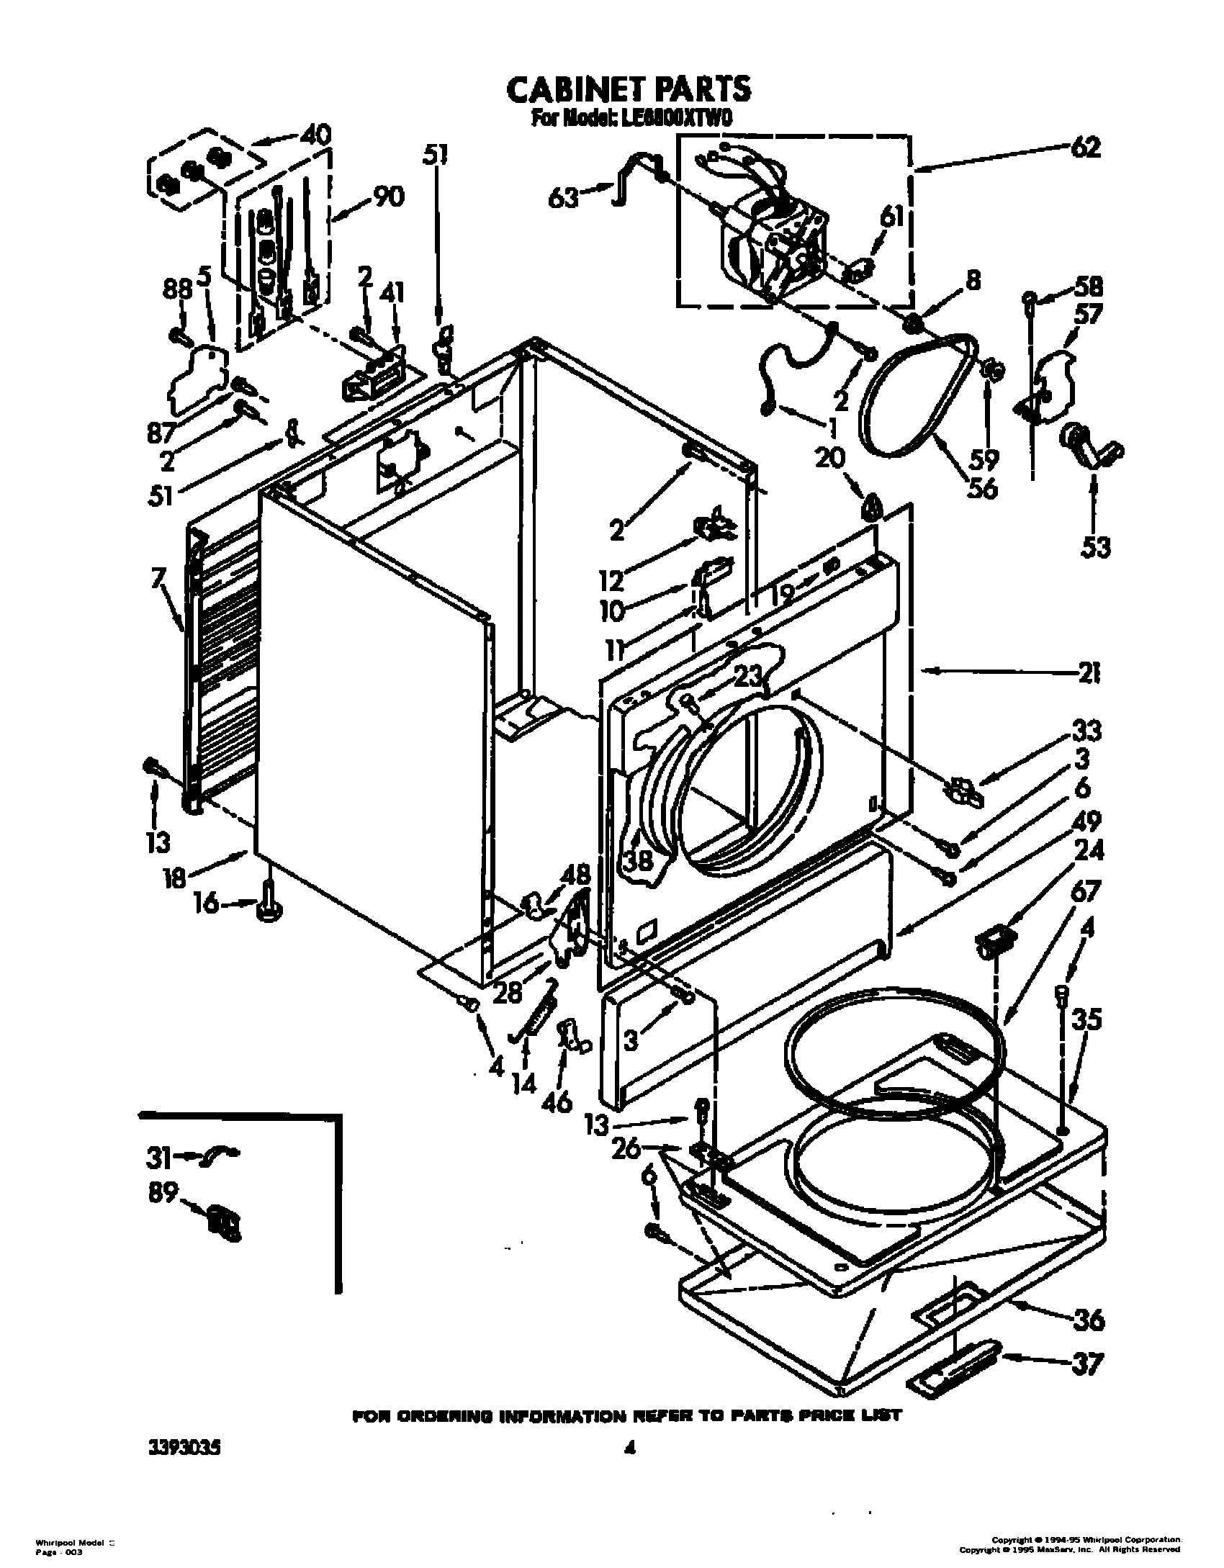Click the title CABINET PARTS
(629, 89)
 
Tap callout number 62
(1085, 148)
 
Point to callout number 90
(388, 197)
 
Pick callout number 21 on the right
(1089, 674)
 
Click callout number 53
(1094, 548)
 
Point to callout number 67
(1085, 892)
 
